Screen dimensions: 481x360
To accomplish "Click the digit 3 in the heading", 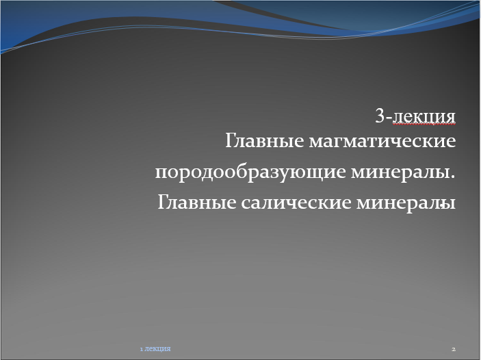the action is click(x=380, y=116).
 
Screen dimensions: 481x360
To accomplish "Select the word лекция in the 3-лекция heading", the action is click(x=424, y=116).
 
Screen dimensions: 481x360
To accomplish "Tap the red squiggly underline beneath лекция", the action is click(x=424, y=125).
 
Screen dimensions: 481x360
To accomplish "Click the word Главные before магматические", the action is click(x=265, y=141).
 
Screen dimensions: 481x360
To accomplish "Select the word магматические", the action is click(x=382, y=141).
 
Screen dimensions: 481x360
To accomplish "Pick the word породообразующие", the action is click(x=250, y=172).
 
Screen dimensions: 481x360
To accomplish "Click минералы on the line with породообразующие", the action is click(x=400, y=172).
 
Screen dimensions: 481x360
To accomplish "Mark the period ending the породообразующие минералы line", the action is click(x=453, y=177).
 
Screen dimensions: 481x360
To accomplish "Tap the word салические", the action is click(x=296, y=203).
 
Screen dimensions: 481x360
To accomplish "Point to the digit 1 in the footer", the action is click(x=141, y=349).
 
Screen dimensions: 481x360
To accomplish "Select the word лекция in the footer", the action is click(x=157, y=349).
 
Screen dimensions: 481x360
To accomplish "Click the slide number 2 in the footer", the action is click(x=454, y=349).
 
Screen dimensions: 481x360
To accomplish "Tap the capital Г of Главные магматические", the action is click(x=231, y=141).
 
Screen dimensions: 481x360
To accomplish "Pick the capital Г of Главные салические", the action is click(x=163, y=203).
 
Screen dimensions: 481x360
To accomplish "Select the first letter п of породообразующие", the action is click(x=161, y=172).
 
